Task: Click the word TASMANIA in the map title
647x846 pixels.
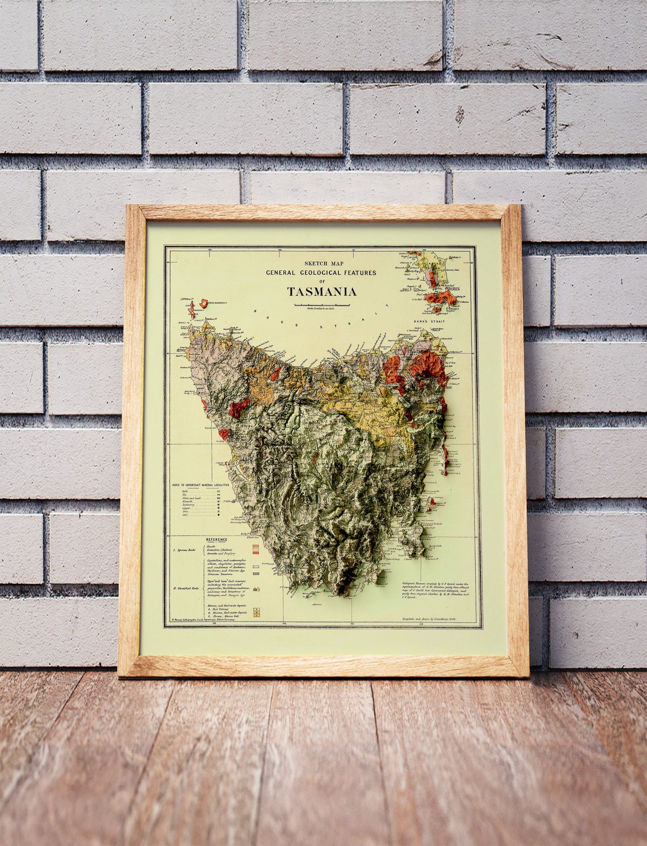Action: [321, 292]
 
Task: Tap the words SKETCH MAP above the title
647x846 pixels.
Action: [321, 264]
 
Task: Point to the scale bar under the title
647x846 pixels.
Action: [321, 304]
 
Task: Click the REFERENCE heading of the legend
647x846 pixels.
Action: [217, 540]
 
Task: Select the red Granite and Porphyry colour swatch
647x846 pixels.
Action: [256, 554]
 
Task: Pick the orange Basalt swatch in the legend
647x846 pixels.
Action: [256, 546]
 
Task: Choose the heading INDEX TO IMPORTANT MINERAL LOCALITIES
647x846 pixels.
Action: [200, 485]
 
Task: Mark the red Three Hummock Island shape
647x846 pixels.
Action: [206, 303]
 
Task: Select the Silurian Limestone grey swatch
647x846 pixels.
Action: [256, 573]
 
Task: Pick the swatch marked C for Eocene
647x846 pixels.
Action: [256, 616]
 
